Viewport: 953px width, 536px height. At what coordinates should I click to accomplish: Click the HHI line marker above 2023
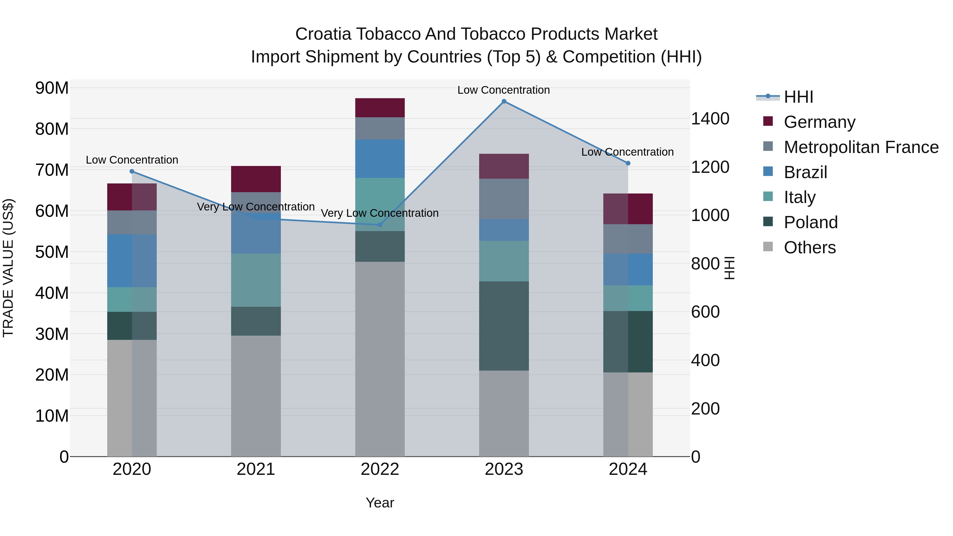pos(504,101)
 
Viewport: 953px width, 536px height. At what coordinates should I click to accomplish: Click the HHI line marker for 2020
pos(132,171)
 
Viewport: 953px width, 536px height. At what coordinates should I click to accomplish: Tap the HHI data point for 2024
pos(628,163)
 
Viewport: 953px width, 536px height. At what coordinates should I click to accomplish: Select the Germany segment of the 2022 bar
pos(380,108)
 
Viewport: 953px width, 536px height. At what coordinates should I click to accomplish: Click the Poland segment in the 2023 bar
pos(504,326)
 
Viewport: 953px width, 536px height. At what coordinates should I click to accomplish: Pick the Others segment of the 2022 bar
pos(380,359)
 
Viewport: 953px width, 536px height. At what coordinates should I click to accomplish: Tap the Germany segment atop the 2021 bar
pos(256,179)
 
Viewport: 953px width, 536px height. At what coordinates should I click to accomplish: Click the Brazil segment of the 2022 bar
pos(380,159)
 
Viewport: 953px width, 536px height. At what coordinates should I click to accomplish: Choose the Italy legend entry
pos(799,197)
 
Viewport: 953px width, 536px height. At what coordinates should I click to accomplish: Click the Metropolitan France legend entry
pos(861,147)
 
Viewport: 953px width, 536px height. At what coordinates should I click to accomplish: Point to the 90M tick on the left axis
pos(52,88)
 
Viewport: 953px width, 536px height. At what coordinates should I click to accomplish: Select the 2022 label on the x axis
pos(380,469)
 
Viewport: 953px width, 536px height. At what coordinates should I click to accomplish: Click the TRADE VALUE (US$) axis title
pos(8,268)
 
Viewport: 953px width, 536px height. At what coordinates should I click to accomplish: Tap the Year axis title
pos(380,503)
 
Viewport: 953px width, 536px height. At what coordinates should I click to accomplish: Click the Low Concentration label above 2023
pos(504,90)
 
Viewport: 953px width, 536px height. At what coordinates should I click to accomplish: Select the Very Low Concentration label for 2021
pos(256,207)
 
